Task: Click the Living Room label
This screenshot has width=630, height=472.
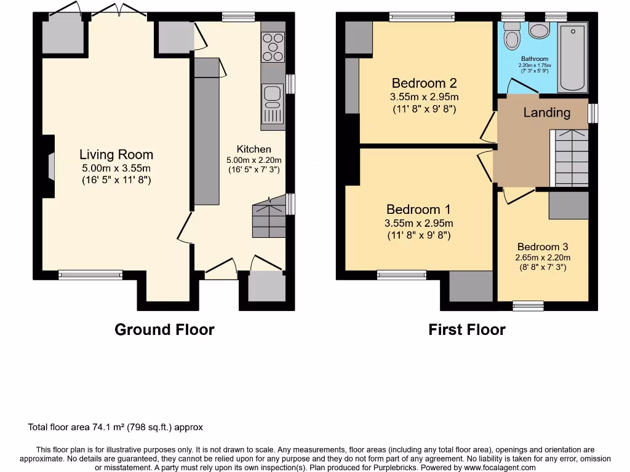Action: pyautogui.click(x=116, y=154)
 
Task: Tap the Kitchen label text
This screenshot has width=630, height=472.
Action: pyautogui.click(x=254, y=149)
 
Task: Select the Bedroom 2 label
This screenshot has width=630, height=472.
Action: pyautogui.click(x=425, y=83)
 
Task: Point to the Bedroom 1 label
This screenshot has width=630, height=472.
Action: pyautogui.click(x=418, y=210)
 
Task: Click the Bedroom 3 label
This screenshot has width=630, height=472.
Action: pyautogui.click(x=543, y=247)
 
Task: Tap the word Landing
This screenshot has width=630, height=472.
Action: pyautogui.click(x=547, y=113)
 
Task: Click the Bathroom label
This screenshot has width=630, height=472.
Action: pyautogui.click(x=535, y=58)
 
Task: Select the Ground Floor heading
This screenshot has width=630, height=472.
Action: pyautogui.click(x=164, y=329)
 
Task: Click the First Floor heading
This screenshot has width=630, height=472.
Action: pyautogui.click(x=467, y=329)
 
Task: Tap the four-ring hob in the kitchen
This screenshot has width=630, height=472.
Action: pyautogui.click(x=273, y=47)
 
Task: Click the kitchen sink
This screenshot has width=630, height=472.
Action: pyautogui.click(x=273, y=103)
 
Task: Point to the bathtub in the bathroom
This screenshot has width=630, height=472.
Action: pyautogui.click(x=573, y=57)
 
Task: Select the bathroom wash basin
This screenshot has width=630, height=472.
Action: pyautogui.click(x=539, y=30)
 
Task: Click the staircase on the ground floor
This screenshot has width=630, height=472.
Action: pyautogui.click(x=269, y=217)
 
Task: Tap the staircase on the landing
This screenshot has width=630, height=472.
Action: pyautogui.click(x=569, y=158)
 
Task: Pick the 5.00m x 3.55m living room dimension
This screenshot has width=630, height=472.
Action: pyautogui.click(x=116, y=168)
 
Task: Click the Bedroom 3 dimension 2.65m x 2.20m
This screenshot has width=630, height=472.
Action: pyautogui.click(x=543, y=258)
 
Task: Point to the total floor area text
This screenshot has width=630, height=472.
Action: pyautogui.click(x=115, y=427)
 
